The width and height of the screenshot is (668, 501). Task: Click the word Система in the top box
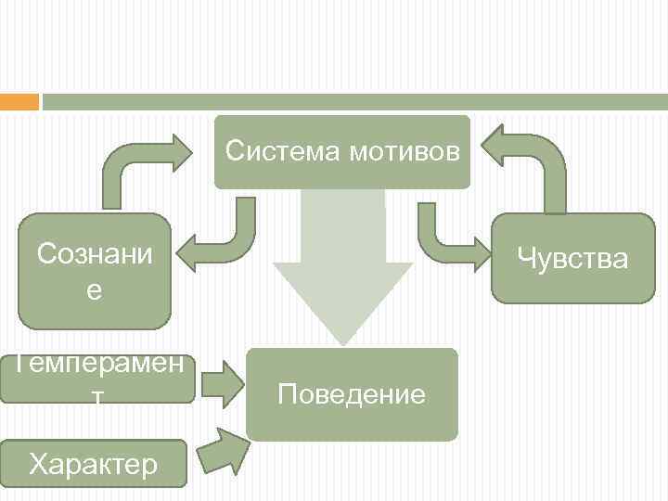pyautogui.click(x=283, y=150)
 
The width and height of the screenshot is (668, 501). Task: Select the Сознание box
pyautogui.click(x=95, y=271)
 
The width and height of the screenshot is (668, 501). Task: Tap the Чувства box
pyautogui.click(x=573, y=258)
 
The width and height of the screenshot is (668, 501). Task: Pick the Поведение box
pyautogui.click(x=352, y=394)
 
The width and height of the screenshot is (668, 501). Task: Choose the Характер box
pyautogui.click(x=93, y=463)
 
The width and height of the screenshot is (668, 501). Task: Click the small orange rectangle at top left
pyautogui.click(x=19, y=101)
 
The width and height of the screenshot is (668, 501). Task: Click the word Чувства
pyautogui.click(x=573, y=258)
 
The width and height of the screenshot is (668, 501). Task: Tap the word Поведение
pyautogui.click(x=352, y=395)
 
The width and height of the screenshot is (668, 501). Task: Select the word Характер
pyautogui.click(x=93, y=463)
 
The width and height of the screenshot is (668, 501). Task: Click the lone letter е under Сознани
pyautogui.click(x=95, y=290)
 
